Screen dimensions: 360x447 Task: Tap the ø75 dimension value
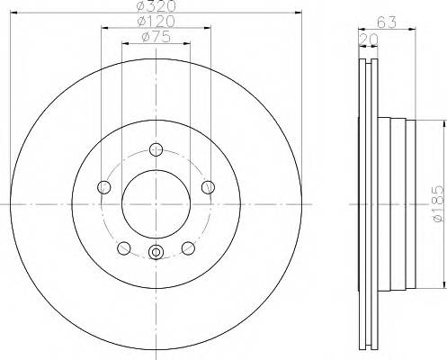tap(157, 37)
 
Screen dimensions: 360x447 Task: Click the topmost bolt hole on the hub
tap(156, 150)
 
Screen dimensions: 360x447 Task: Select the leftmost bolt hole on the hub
tap(103, 186)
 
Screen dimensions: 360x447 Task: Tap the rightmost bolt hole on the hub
tap(209, 186)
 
